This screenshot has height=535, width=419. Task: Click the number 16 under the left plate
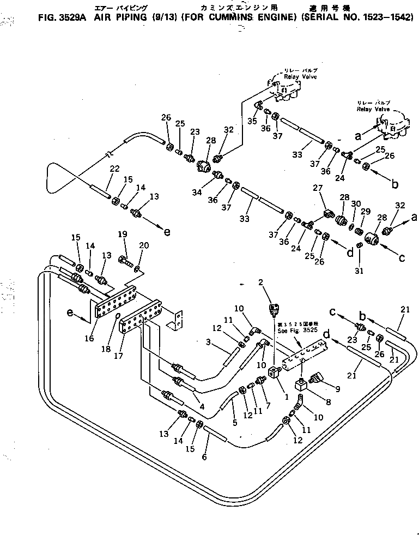pos(90,339)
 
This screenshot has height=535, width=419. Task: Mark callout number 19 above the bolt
pos(123,235)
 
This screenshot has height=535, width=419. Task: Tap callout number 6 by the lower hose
pos(204,457)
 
